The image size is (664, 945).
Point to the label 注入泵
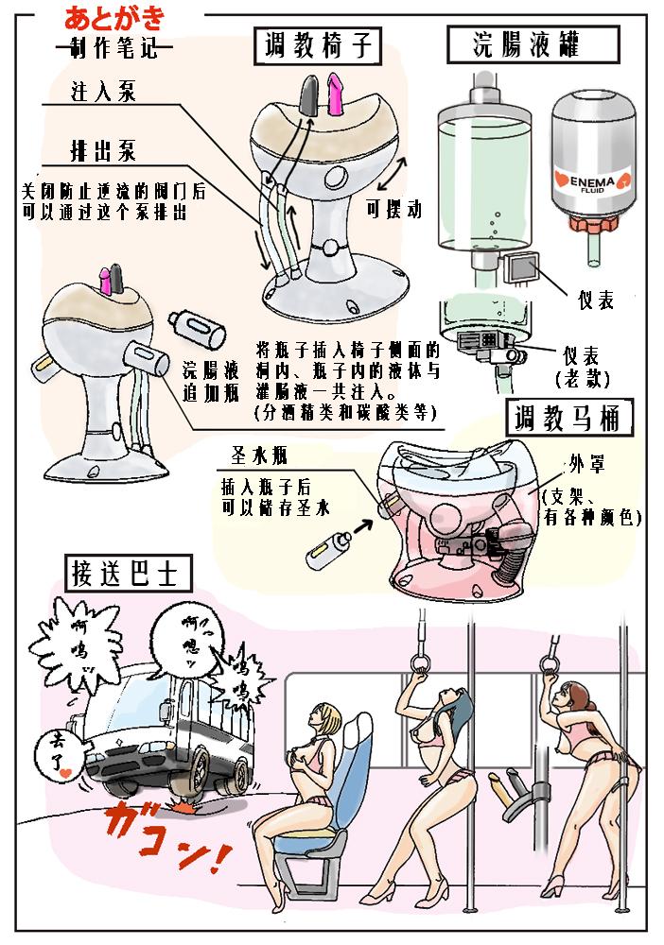coord(102,93)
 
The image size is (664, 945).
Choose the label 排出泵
coord(102,150)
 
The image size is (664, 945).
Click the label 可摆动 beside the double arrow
coord(392,210)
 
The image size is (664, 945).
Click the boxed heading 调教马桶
coord(567,419)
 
